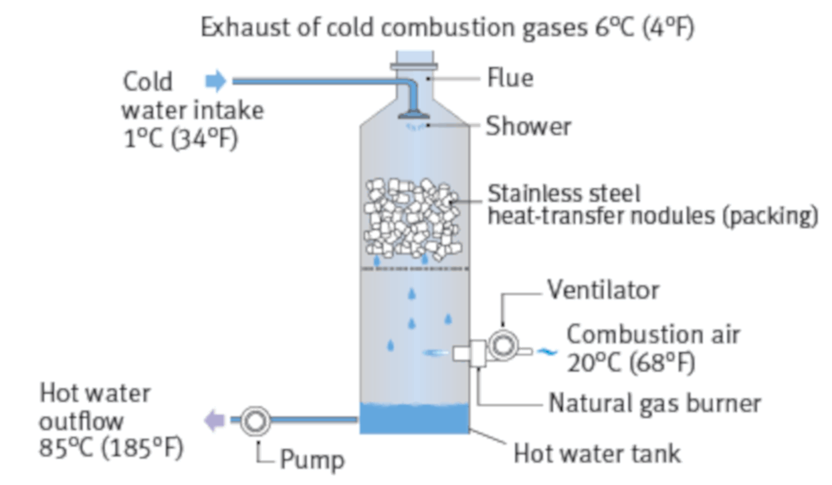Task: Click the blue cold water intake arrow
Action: point(216,81)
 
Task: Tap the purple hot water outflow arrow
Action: point(214,420)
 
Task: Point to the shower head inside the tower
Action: point(414,115)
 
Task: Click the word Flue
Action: point(510,78)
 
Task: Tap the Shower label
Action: point(528,126)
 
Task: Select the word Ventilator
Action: point(603,290)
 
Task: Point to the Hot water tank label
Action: point(597,453)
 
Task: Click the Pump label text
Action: point(312,459)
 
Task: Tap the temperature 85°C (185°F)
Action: point(111,448)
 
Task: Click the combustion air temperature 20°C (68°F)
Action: point(631,362)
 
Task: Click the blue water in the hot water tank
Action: point(414,419)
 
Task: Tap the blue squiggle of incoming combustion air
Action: point(546,351)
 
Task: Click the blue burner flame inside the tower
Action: point(436,353)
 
